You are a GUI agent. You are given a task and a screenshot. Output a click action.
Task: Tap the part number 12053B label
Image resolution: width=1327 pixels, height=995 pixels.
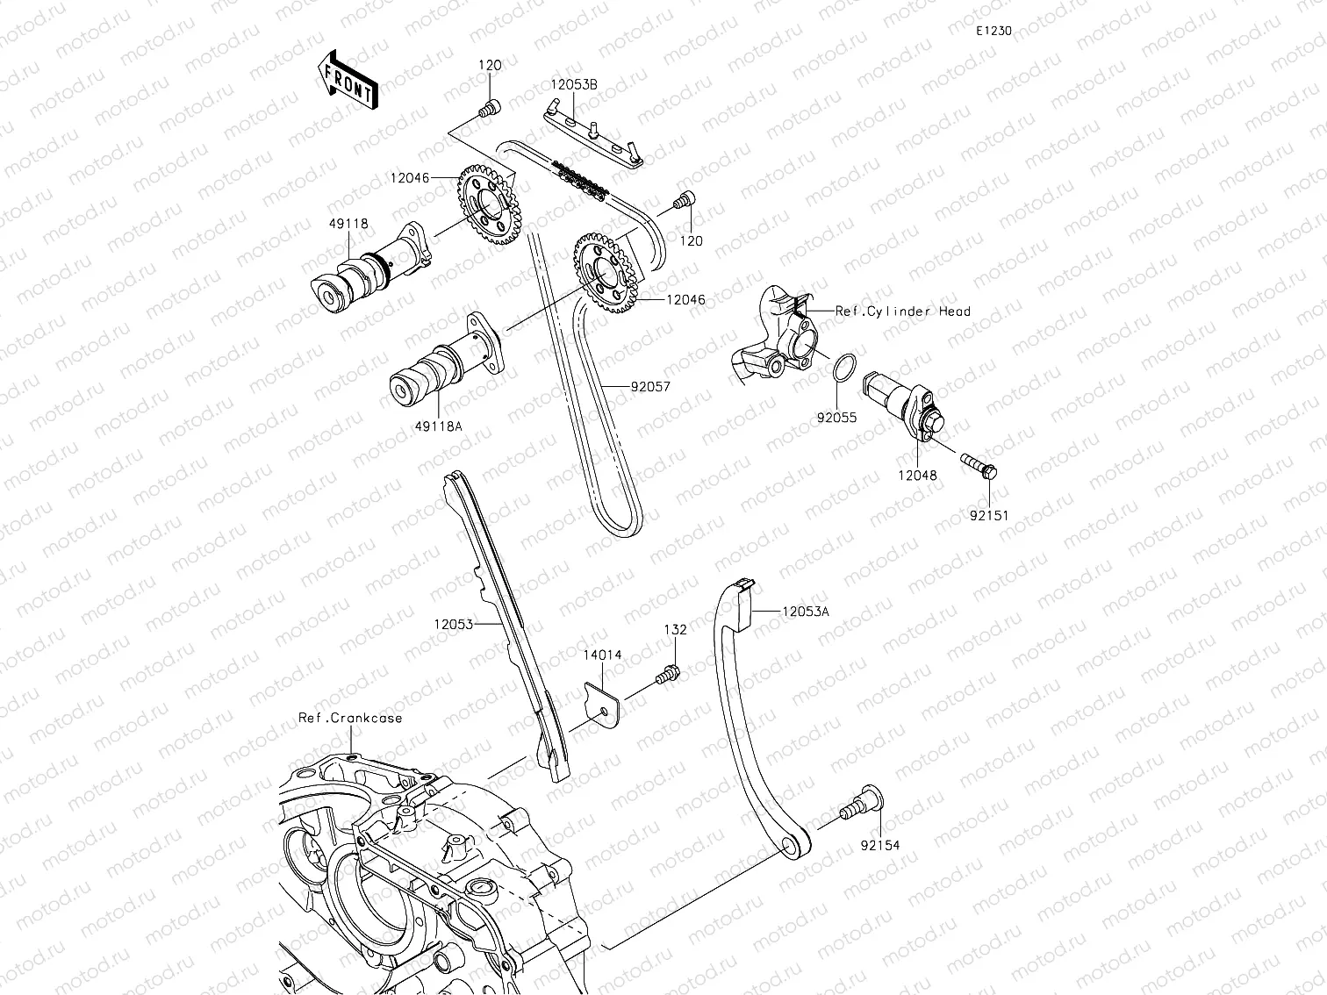574,84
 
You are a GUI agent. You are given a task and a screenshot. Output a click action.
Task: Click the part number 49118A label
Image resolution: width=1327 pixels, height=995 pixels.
439,426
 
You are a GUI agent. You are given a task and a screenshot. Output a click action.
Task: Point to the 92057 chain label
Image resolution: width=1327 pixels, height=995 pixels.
649,386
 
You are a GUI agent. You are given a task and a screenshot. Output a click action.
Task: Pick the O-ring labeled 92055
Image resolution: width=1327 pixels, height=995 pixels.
840,369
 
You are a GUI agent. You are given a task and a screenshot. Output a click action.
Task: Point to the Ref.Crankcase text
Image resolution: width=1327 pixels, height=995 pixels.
350,718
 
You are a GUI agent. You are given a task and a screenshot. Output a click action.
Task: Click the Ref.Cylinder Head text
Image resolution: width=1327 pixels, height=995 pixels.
903,311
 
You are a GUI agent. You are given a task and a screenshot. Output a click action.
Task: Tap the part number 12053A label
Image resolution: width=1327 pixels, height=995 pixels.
805,612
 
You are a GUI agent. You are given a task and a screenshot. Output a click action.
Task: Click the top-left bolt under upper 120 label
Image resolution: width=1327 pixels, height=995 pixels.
489,108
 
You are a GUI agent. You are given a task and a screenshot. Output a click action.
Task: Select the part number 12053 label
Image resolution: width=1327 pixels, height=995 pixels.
453,625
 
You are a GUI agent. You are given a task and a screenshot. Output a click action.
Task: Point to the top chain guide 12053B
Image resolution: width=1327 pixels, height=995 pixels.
593,136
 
